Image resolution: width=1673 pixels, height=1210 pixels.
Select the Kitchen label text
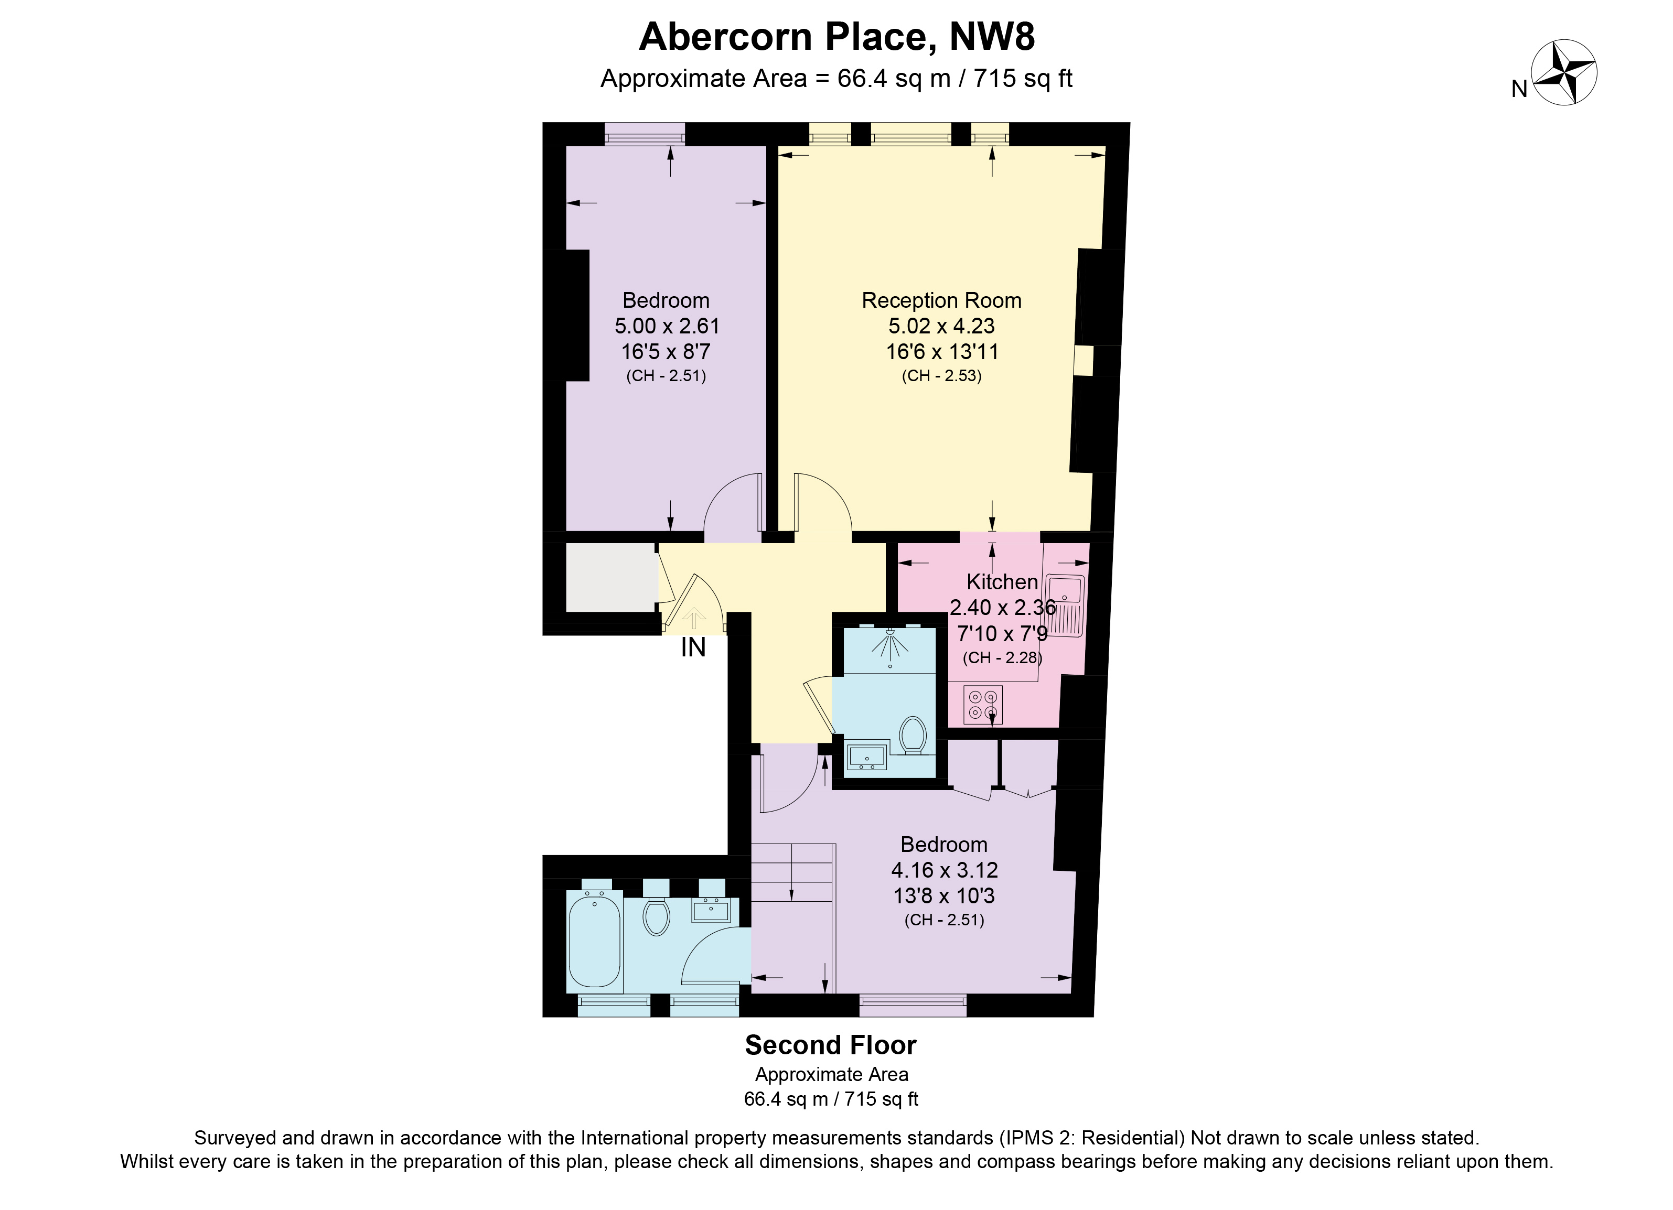click(1002, 582)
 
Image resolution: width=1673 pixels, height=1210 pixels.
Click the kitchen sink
click(1067, 604)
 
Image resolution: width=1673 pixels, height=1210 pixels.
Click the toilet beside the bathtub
click(656, 916)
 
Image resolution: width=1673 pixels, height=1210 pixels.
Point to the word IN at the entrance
click(693, 647)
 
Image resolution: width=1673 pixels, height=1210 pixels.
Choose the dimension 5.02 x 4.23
click(941, 326)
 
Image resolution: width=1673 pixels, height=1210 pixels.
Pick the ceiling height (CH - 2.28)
click(1001, 658)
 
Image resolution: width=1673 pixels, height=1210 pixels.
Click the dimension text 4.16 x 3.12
click(944, 870)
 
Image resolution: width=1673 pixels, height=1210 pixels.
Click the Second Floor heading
click(831, 1045)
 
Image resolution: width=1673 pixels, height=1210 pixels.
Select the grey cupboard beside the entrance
click(612, 577)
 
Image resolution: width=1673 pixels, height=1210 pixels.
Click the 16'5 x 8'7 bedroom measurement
click(666, 351)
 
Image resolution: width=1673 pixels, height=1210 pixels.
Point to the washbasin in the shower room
click(867, 757)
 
